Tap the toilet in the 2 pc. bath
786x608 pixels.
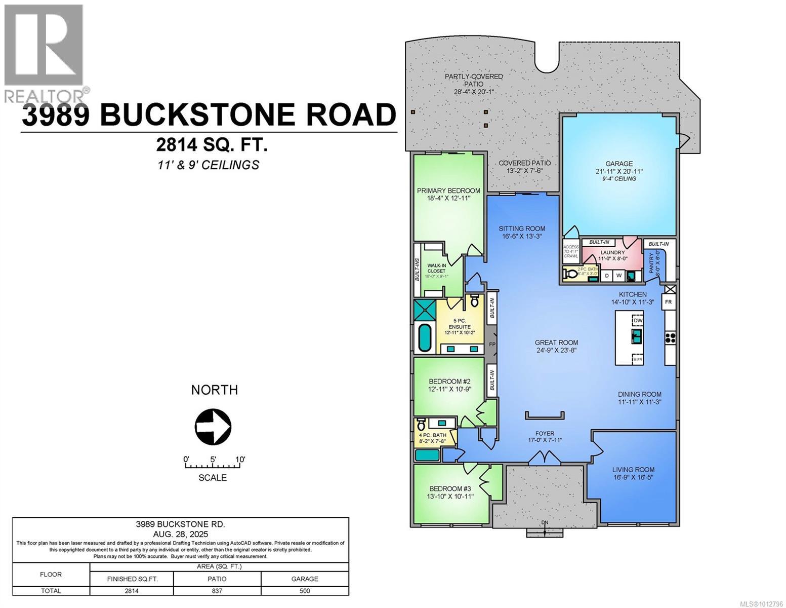click(x=572, y=275)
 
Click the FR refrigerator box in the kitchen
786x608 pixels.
click(x=668, y=302)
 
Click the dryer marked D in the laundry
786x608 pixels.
click(x=607, y=276)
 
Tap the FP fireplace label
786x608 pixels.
click(x=491, y=345)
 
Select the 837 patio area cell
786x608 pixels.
click(x=217, y=591)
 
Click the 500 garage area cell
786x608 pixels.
click(x=305, y=591)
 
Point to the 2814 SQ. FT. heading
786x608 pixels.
click(x=212, y=145)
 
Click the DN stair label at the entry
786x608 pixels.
click(x=544, y=523)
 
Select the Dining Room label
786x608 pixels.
click(x=639, y=398)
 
